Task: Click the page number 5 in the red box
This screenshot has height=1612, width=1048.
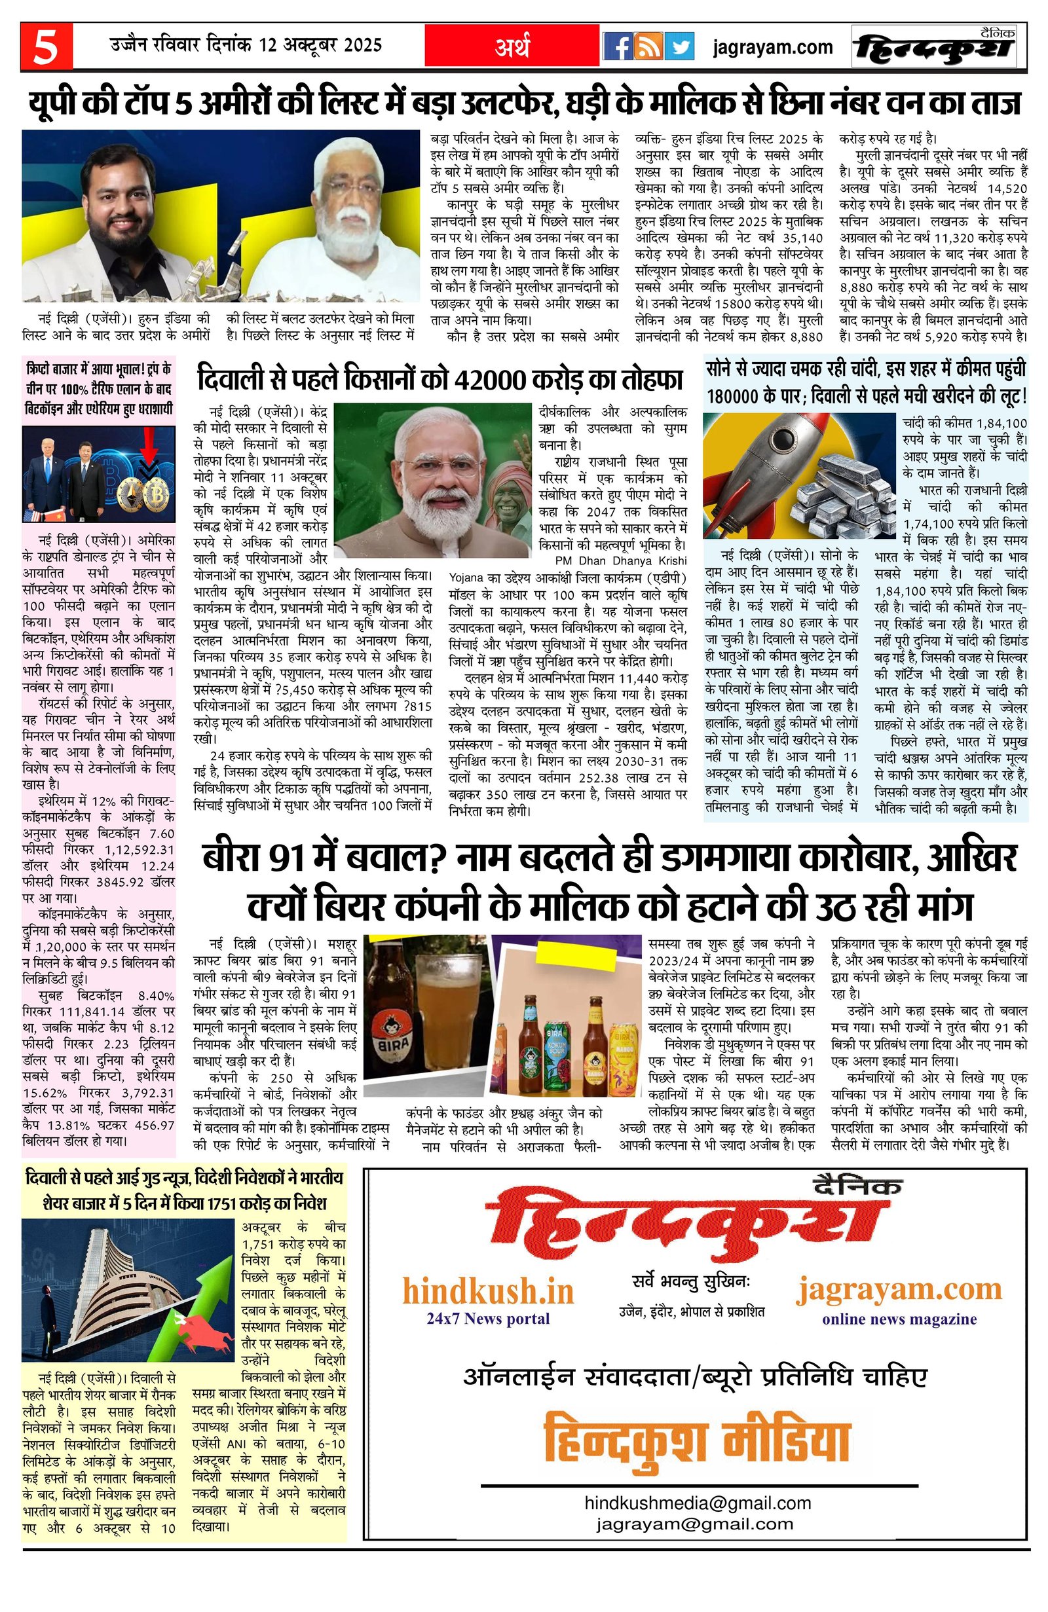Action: coord(45,47)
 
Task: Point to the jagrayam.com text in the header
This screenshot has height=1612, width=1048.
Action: coord(772,47)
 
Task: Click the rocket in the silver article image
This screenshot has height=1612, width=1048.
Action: coord(766,459)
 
